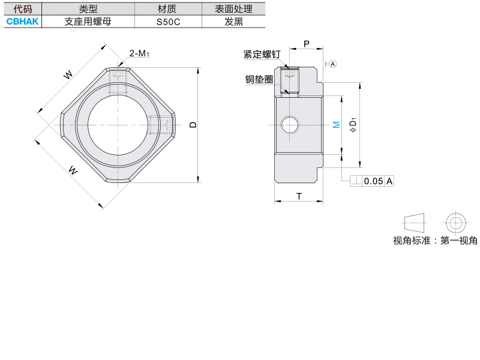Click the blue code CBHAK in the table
[x=22, y=22]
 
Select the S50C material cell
[x=168, y=22]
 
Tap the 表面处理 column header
[x=233, y=9]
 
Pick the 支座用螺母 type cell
[x=88, y=22]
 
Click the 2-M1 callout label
[x=139, y=53]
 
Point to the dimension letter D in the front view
[x=193, y=125]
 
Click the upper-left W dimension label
[x=68, y=74]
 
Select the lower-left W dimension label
[x=73, y=170]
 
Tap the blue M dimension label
[x=337, y=125]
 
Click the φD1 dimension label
[x=353, y=125]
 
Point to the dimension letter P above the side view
[x=307, y=44]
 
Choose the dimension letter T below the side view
[x=299, y=196]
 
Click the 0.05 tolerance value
[x=373, y=181]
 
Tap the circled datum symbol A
[x=333, y=64]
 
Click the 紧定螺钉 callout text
[x=262, y=54]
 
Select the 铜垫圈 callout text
[x=259, y=79]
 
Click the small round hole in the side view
[x=289, y=125]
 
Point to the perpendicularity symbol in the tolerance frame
[x=356, y=181]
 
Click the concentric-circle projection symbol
[x=455, y=223]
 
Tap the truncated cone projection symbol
[x=414, y=223]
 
